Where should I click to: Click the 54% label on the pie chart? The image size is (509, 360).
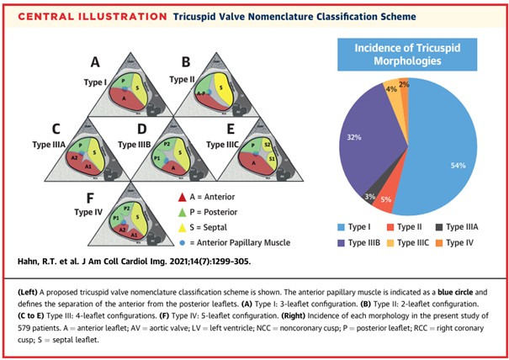pos(458,166)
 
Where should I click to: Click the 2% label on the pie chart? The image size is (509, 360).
pos(406,84)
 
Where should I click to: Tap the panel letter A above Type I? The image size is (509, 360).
pos(96,61)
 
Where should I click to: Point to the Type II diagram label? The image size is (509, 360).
pos(183,77)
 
